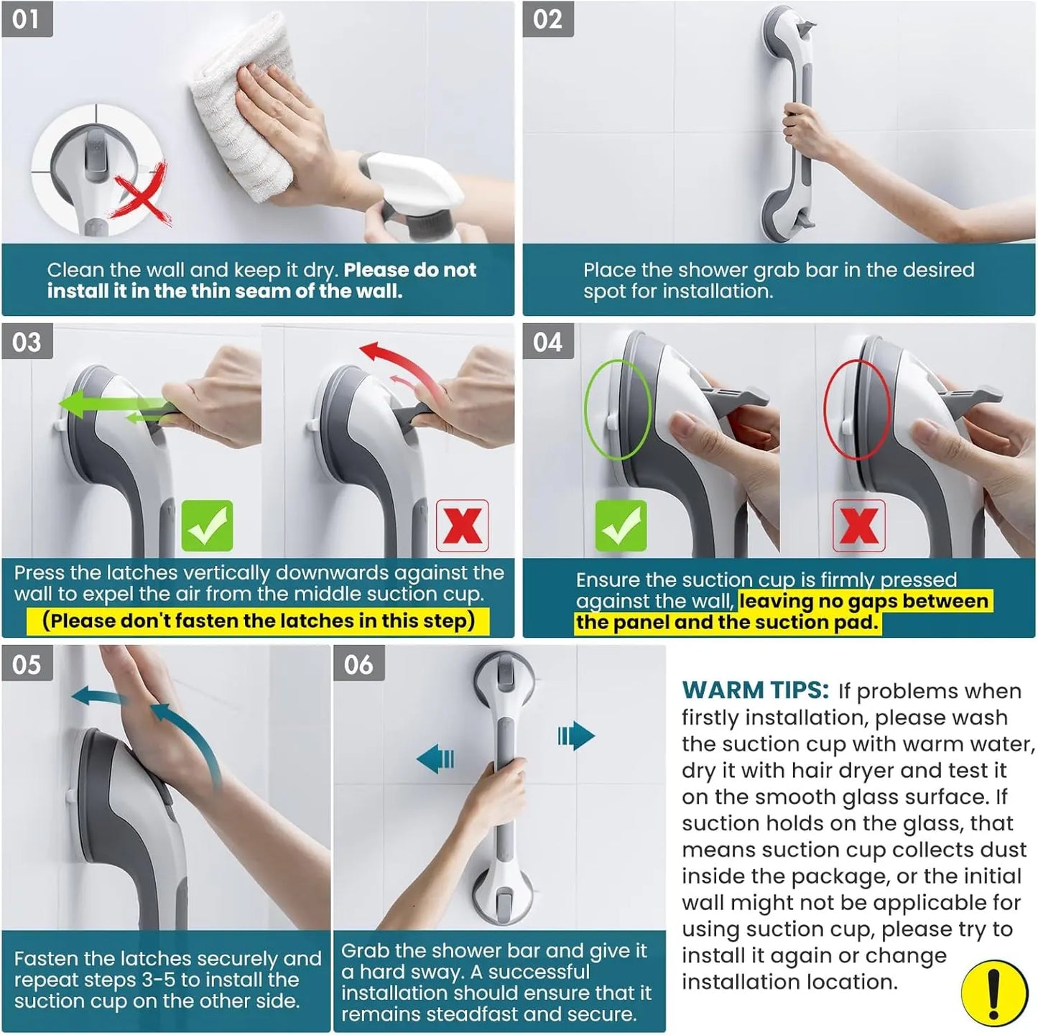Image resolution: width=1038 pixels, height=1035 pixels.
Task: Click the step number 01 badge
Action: click(27, 19)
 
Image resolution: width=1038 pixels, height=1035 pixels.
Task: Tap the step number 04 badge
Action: click(547, 342)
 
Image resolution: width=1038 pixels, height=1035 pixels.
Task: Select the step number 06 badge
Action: click(358, 664)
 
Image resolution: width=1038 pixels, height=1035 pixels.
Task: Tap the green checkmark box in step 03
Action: click(207, 526)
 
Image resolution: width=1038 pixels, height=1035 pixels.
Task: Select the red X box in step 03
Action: click(462, 526)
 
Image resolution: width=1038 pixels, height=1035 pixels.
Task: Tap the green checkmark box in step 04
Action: click(621, 526)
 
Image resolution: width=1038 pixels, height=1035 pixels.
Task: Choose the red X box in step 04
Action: click(858, 526)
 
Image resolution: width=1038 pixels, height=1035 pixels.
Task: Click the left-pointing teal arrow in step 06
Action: click(436, 758)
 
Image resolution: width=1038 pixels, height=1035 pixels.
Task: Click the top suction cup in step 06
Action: click(504, 681)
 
